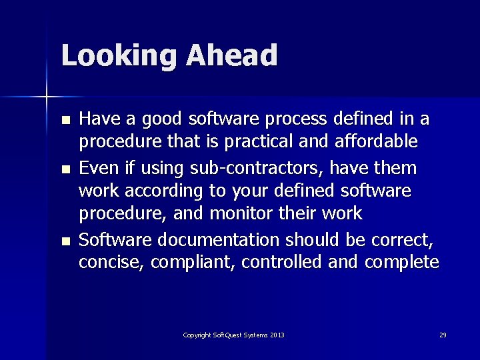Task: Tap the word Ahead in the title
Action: [232, 55]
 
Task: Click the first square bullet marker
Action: [65, 121]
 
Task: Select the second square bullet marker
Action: [65, 169]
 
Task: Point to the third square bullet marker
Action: [65, 241]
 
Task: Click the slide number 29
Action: [443, 335]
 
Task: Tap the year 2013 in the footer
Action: [277, 335]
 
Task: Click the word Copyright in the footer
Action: [198, 335]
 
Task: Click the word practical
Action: [254, 142]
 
